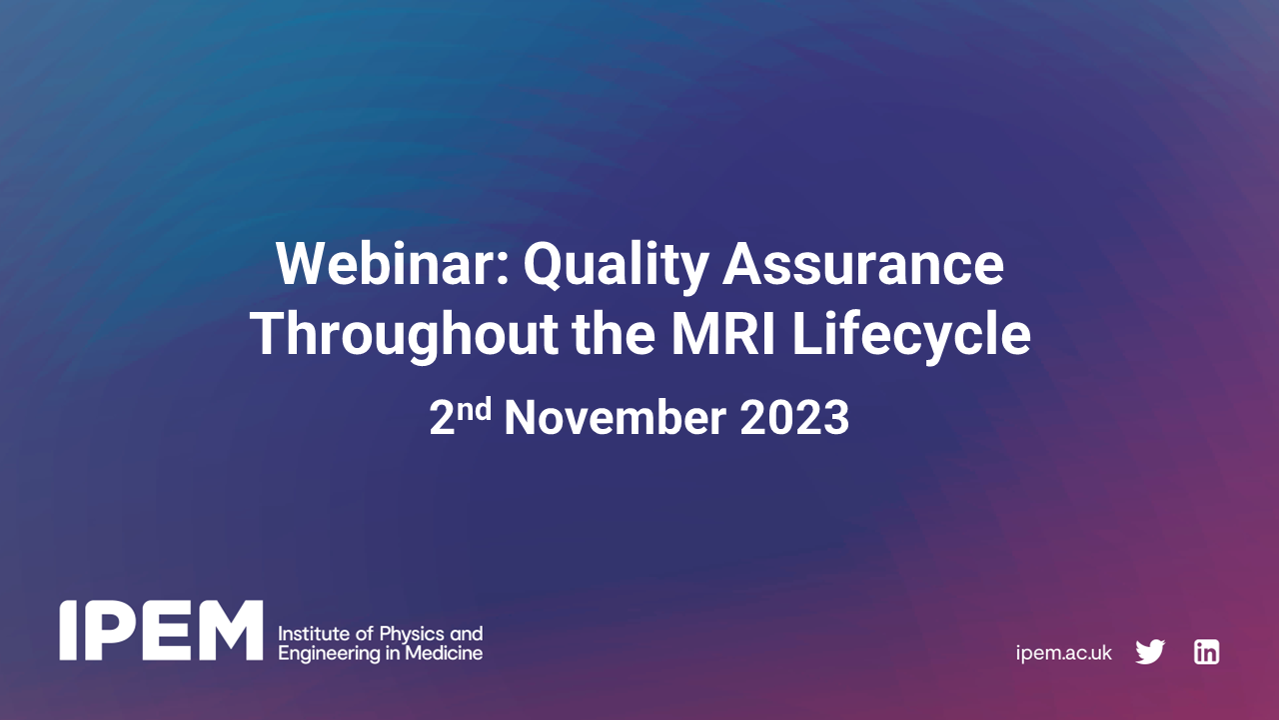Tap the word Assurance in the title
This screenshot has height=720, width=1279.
point(863,264)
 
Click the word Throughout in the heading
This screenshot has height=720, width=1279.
point(404,336)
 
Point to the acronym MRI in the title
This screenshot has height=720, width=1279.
point(717,336)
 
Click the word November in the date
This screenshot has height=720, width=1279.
point(617,419)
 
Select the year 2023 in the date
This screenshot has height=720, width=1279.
point(794,419)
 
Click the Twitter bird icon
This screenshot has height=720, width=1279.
point(1150,653)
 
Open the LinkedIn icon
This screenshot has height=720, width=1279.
point(1207,653)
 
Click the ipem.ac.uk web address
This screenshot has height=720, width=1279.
point(1063,653)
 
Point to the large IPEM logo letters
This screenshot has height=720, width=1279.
point(161,631)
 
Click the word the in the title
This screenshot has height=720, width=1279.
point(611,336)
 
